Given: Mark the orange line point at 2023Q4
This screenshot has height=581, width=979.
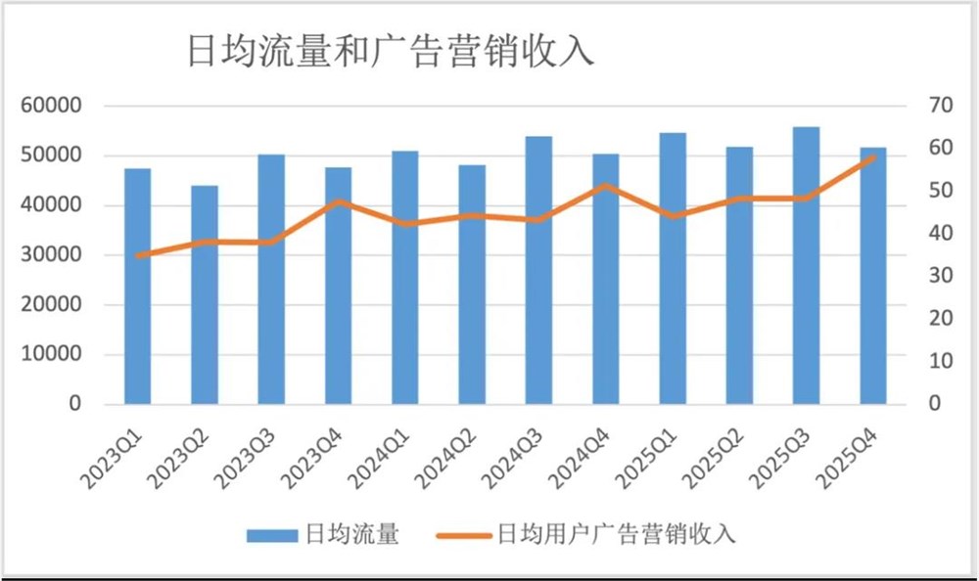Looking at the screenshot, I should (x=339, y=201).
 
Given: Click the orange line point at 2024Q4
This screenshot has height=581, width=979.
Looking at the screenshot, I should (x=605, y=185).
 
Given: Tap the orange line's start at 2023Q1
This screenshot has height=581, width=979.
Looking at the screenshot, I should (x=138, y=255).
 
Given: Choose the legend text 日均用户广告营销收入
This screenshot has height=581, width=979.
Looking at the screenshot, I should (x=616, y=534).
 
